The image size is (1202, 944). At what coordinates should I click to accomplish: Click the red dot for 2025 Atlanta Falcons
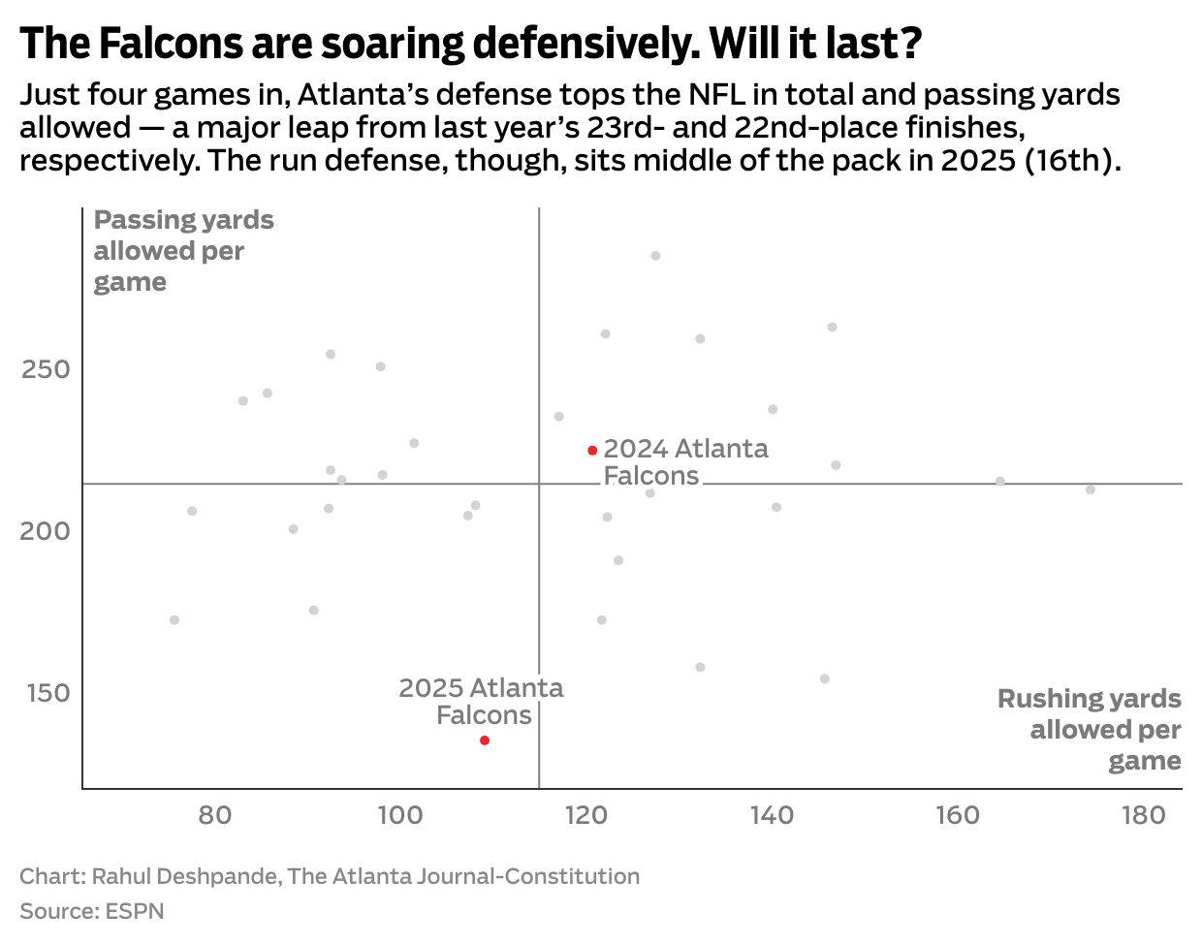point(485,740)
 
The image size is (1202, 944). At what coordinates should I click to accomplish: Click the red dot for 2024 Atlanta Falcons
point(592,451)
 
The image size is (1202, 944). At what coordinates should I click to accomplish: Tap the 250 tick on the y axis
point(46,370)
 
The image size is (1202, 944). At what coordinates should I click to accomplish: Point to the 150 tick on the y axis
point(46,694)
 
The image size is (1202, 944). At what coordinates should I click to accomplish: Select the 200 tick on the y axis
point(46,532)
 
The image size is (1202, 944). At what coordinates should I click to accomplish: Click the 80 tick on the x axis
point(215,815)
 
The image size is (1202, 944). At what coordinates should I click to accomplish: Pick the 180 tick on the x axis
point(1144,815)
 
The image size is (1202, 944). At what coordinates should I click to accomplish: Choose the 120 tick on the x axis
point(586,815)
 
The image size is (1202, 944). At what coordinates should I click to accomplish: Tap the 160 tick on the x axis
point(958,815)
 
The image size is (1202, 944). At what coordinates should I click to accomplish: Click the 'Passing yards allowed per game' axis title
point(183,251)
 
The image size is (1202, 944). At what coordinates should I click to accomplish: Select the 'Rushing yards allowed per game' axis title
point(1090,730)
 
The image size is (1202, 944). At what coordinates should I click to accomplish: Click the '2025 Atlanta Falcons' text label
point(482,702)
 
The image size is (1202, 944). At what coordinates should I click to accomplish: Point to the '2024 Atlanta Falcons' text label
point(684,462)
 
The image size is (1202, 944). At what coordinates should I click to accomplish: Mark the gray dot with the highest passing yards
point(655,256)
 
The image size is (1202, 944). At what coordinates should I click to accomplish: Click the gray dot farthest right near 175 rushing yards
point(1091,489)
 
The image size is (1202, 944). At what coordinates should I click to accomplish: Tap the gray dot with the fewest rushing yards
point(174,620)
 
